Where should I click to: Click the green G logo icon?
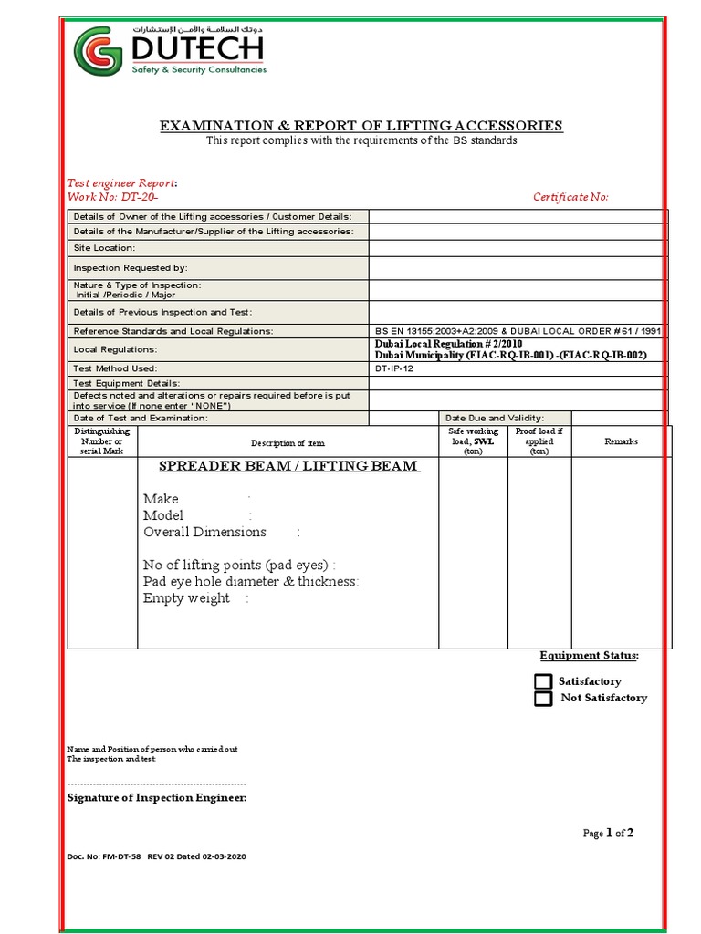pos(98,52)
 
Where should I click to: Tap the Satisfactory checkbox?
pos(543,681)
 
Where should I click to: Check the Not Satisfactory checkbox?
pos(543,699)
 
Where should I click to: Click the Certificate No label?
pos(570,197)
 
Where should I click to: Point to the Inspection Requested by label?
pos(131,268)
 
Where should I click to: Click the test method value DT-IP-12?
pos(394,368)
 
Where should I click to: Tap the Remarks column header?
pos(621,441)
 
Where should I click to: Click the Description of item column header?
pos(288,443)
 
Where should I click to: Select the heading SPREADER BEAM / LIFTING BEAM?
pos(289,466)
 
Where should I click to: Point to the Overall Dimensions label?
pos(204,532)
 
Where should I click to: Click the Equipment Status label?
pos(589,656)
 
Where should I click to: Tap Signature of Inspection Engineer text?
pos(157,798)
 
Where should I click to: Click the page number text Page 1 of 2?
pos(608,833)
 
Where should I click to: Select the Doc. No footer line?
pos(156,856)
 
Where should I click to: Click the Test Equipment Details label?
pos(127,383)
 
